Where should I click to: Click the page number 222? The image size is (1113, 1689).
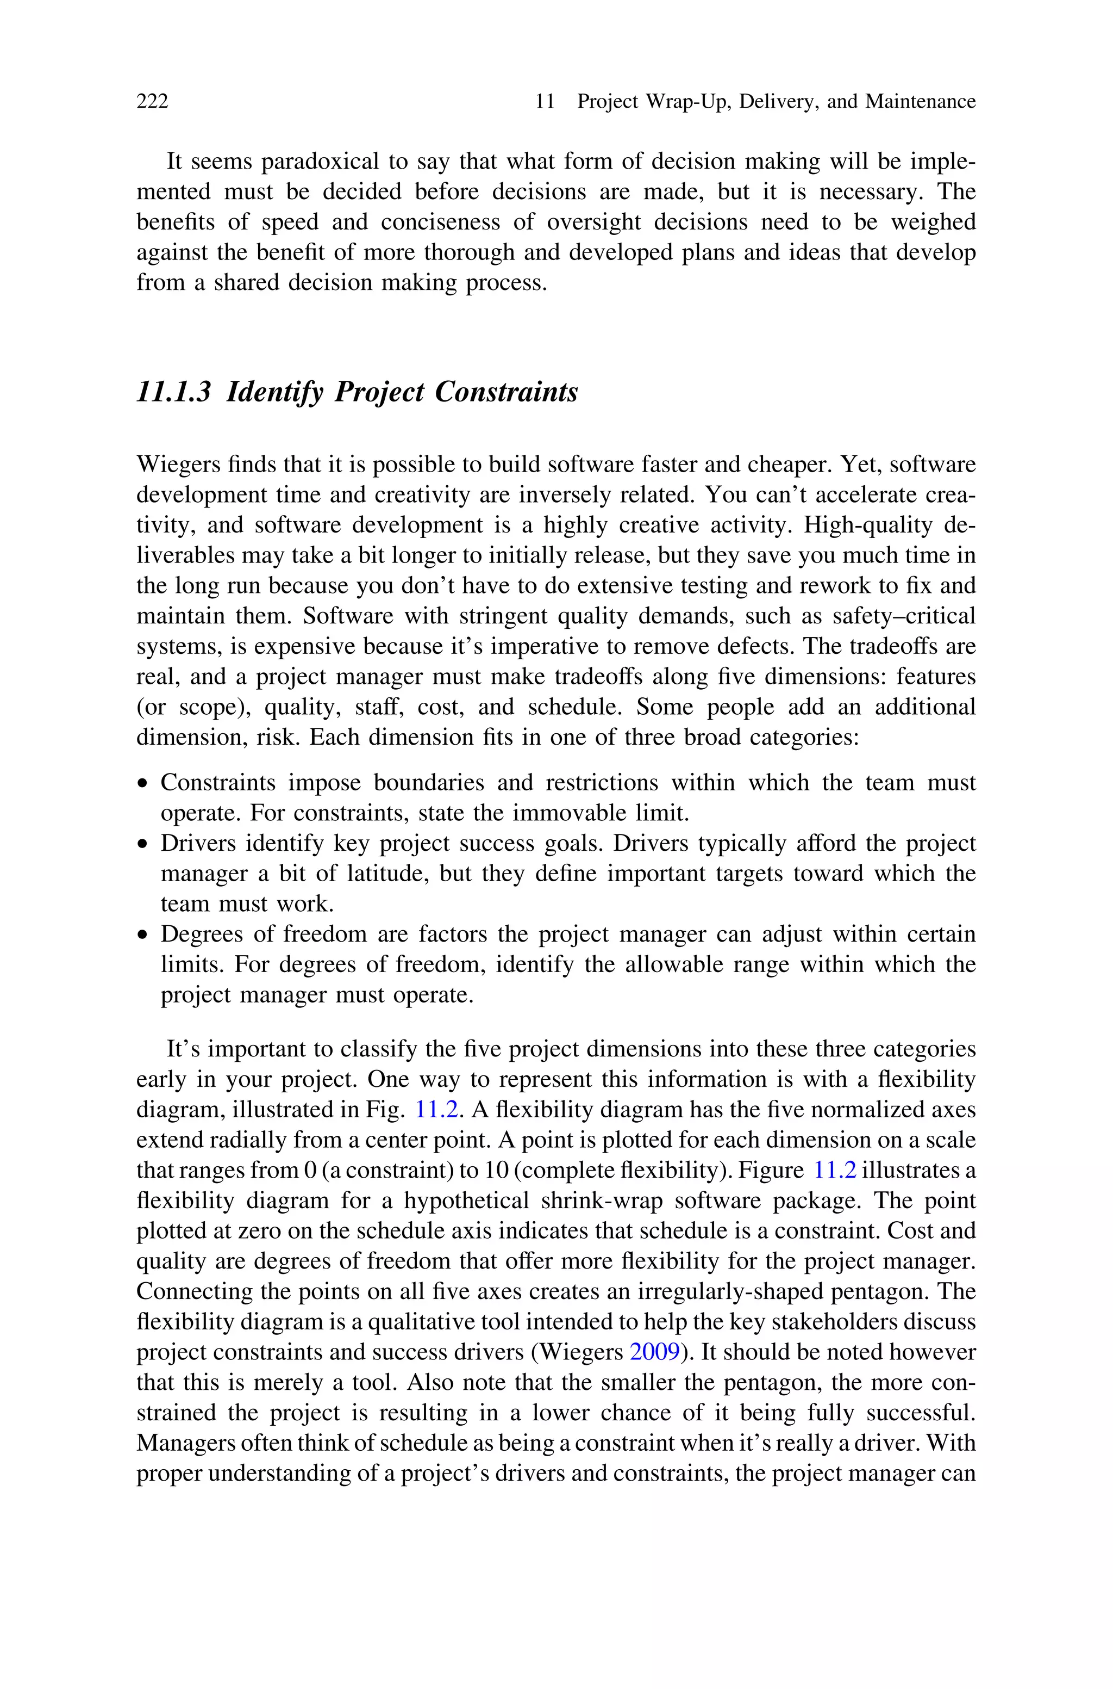pos(152,102)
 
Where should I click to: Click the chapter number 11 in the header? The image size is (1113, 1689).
pos(545,102)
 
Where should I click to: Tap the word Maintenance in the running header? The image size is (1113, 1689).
pos(920,102)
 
